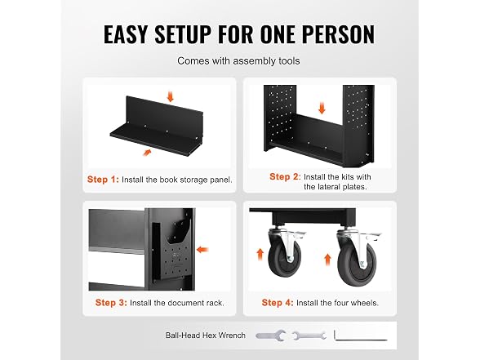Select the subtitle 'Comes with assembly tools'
(238, 61)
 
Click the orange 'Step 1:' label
(103, 180)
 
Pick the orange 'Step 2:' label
(285, 176)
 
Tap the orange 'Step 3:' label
(111, 303)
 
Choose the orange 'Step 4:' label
(278, 303)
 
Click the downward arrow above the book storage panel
(170, 96)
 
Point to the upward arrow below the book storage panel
(147, 152)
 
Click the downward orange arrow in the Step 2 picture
(322, 109)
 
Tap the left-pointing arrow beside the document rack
(202, 250)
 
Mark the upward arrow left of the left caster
(260, 254)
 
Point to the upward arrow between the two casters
(327, 260)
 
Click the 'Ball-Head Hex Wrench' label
(206, 336)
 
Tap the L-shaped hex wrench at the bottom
(361, 336)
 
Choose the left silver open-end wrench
(271, 336)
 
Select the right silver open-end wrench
(309, 336)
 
